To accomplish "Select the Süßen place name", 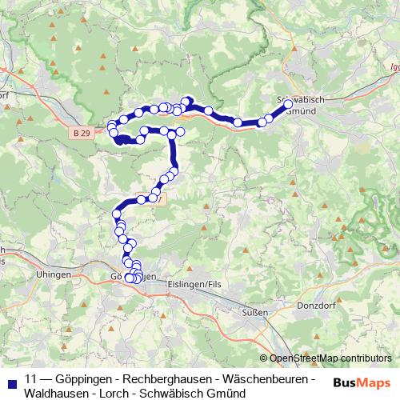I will (x=255, y=313).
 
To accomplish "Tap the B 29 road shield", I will (x=80, y=134).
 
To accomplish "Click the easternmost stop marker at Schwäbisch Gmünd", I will (x=288, y=103).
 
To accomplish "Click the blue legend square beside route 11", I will (x=10, y=378).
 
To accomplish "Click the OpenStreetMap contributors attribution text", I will (x=330, y=358).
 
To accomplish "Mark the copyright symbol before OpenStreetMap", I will (x=264, y=358).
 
